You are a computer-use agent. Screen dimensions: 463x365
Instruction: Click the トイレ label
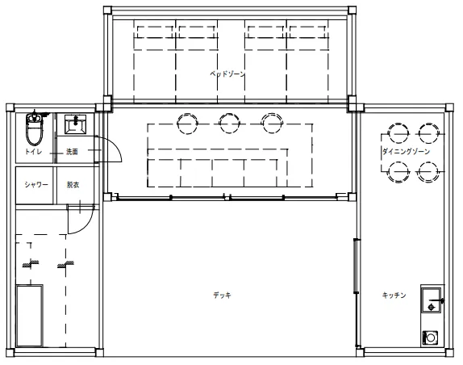click(33, 152)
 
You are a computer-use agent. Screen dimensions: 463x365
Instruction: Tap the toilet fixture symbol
click(34, 128)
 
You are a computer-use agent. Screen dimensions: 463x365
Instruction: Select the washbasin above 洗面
click(75, 124)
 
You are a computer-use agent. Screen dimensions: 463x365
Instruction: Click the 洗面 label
click(72, 152)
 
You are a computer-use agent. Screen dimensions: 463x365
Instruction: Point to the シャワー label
click(36, 185)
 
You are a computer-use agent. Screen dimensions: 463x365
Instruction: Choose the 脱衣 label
click(73, 185)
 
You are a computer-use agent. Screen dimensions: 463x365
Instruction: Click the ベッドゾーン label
click(227, 73)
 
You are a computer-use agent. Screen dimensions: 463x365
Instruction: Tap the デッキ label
click(223, 295)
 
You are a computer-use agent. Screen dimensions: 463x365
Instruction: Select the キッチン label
click(394, 295)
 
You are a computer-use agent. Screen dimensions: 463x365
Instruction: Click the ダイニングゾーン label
click(406, 152)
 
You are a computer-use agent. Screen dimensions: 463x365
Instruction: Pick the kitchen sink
click(431, 300)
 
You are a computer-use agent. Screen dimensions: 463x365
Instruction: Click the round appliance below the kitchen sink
click(430, 338)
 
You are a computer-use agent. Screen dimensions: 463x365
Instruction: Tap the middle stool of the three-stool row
click(229, 123)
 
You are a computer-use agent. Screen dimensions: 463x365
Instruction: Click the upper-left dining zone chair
click(398, 133)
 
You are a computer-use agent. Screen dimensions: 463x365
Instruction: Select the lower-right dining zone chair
click(428, 172)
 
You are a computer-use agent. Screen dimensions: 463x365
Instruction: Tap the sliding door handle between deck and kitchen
click(356, 266)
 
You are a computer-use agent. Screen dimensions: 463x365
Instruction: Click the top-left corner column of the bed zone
click(107, 10)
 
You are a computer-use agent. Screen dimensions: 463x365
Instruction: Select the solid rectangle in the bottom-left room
click(30, 316)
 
